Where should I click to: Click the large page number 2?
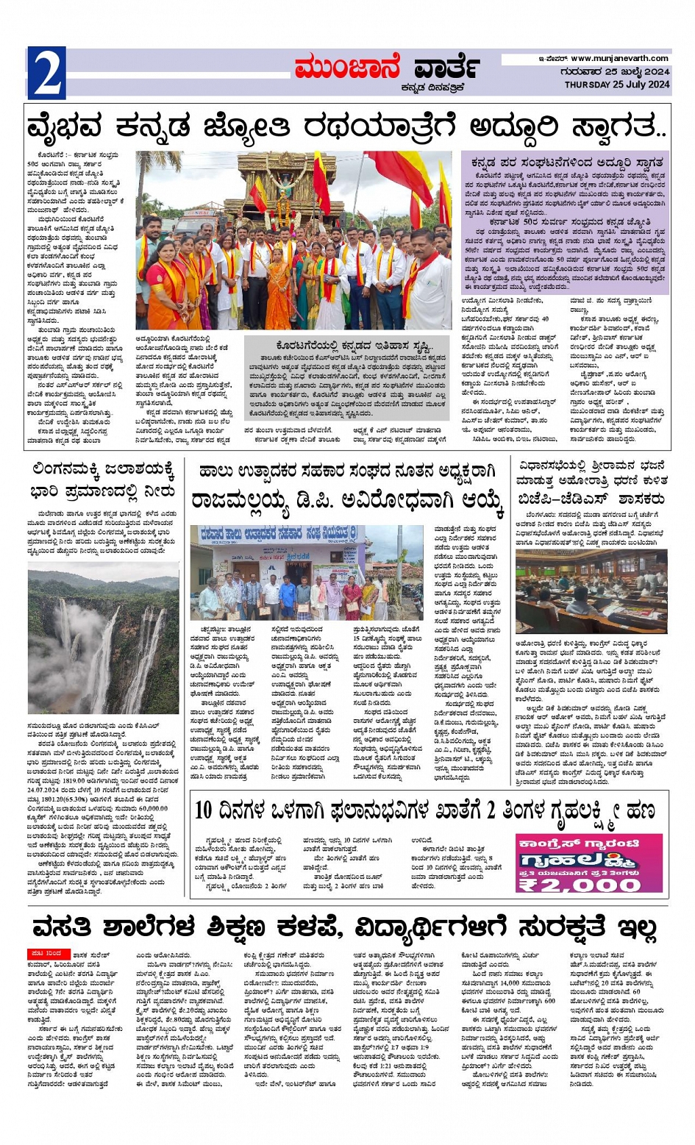click(47, 74)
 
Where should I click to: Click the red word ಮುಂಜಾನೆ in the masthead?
click(346, 68)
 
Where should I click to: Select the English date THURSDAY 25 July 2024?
click(617, 85)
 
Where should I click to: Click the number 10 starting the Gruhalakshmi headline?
click(204, 810)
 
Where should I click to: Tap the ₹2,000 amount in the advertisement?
click(580, 884)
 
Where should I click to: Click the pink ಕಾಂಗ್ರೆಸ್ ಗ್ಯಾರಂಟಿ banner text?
click(579, 844)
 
